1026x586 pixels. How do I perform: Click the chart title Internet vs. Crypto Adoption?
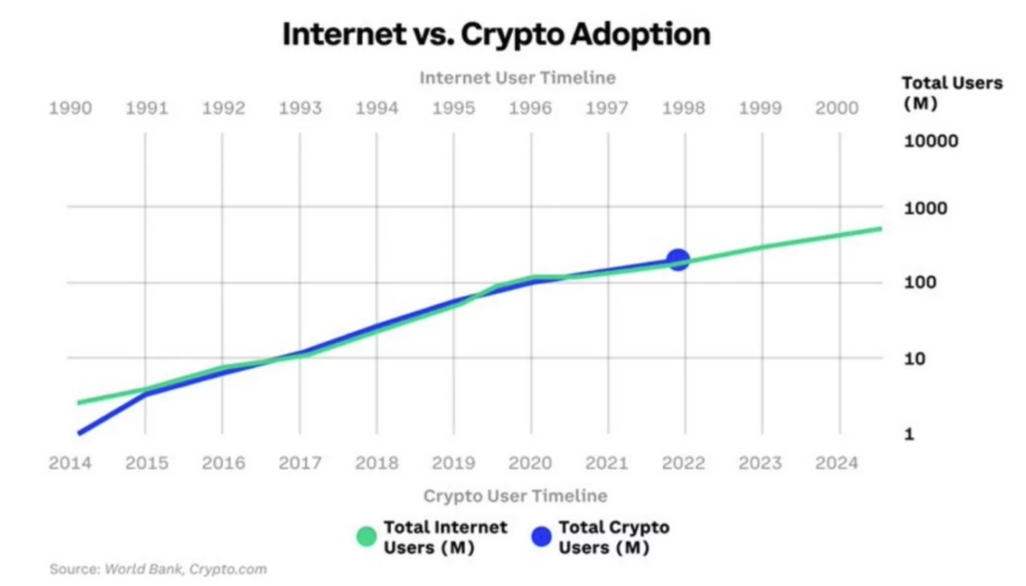496,34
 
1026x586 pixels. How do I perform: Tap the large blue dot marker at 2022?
678,259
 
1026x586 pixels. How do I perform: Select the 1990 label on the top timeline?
70,109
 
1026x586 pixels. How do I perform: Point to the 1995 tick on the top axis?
453,109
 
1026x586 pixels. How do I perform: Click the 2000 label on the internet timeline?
836,109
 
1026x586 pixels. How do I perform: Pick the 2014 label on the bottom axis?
70,463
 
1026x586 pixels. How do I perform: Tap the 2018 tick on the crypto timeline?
377,463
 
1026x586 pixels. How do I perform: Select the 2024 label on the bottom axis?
836,463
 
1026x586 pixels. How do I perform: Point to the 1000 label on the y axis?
925,208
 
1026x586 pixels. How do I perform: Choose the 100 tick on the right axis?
921,283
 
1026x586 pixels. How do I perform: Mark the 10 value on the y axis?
917,358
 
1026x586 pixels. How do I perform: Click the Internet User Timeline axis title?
517,78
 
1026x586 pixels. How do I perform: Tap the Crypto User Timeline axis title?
515,495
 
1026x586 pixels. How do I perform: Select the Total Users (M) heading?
952,92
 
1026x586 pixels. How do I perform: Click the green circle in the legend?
366,537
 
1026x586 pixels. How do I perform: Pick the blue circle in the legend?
541,537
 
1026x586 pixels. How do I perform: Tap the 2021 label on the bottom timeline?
607,463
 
